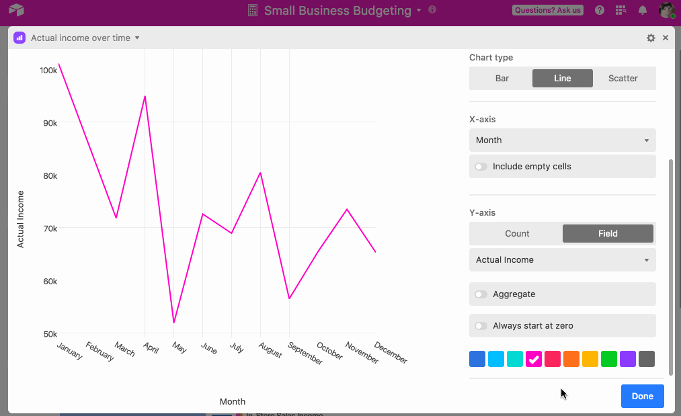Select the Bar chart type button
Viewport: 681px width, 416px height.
click(x=502, y=78)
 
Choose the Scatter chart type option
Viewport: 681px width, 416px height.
click(x=623, y=78)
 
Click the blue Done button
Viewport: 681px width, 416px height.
click(x=643, y=396)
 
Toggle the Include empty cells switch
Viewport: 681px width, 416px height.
click(x=481, y=167)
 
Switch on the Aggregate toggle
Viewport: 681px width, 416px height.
click(x=481, y=294)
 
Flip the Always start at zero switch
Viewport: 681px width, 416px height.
click(x=481, y=326)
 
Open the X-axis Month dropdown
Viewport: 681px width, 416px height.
click(x=563, y=140)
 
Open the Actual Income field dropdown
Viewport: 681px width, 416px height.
click(x=563, y=259)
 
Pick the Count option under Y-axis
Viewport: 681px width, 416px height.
click(x=517, y=234)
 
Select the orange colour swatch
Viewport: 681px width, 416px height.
click(x=571, y=359)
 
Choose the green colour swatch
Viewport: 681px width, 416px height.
click(x=609, y=359)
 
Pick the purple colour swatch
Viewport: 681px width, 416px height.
click(x=628, y=359)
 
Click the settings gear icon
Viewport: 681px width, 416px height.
click(x=651, y=38)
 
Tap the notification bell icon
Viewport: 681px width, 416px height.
click(x=643, y=10)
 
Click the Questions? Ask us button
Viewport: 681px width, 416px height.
click(x=548, y=10)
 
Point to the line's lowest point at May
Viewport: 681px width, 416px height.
click(x=173, y=323)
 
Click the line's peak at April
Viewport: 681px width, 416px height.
click(x=145, y=96)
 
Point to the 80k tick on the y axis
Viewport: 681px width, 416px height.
click(x=50, y=176)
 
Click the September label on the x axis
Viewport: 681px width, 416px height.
click(x=305, y=353)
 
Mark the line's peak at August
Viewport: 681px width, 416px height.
click(x=260, y=173)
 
